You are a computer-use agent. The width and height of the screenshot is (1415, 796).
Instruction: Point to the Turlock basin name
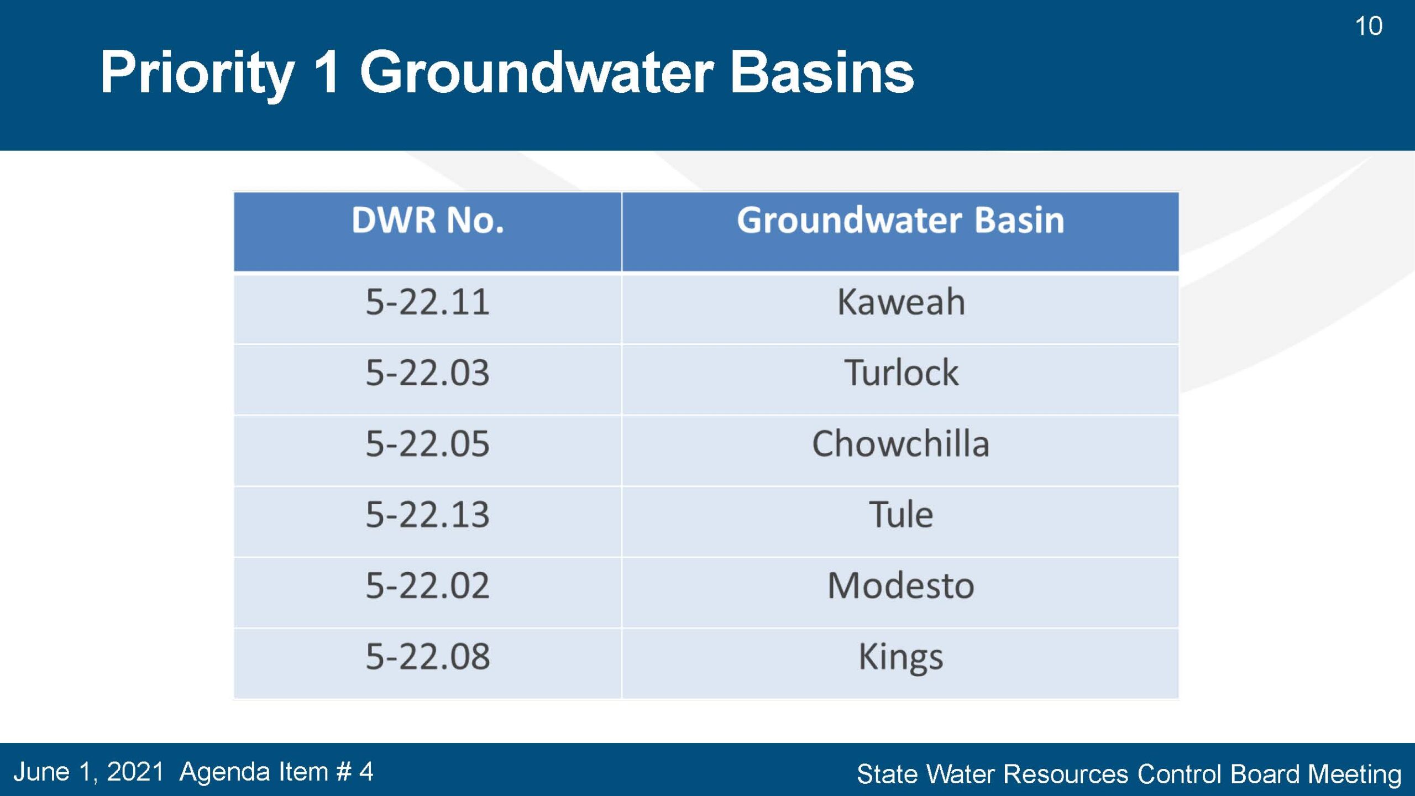(x=901, y=373)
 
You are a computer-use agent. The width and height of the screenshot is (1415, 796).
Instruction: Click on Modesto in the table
(x=901, y=585)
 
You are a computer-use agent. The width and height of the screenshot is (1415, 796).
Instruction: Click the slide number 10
(x=1369, y=26)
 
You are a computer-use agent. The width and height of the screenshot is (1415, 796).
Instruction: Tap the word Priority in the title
(x=197, y=74)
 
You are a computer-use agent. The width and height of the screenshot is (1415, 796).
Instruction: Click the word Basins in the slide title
(x=822, y=72)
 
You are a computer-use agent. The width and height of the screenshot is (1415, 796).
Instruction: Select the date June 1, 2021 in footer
(x=88, y=772)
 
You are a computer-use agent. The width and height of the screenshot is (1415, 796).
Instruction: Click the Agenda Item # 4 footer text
(x=276, y=772)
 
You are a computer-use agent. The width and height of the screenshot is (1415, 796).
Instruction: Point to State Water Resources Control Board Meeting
(x=1129, y=774)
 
